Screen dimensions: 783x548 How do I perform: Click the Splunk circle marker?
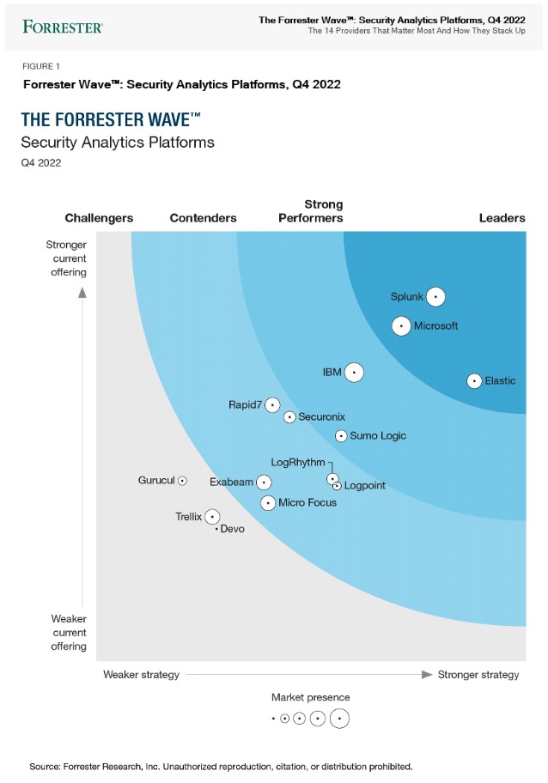point(435,297)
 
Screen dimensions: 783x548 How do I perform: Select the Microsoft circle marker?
point(401,326)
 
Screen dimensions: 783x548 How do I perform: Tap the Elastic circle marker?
point(474,381)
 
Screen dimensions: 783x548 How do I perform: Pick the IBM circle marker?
point(354,373)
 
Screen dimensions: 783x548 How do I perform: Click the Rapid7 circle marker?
point(272,404)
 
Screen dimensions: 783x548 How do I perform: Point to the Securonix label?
point(322,417)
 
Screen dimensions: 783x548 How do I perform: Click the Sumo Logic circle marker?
point(341,436)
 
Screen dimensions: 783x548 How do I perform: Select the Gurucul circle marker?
point(182,481)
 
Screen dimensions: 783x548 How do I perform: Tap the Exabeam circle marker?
point(265,483)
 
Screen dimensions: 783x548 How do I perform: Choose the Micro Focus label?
point(307,502)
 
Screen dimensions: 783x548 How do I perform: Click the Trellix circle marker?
point(212,517)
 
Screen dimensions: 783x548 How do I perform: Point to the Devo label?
point(233,529)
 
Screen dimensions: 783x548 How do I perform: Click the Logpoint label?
point(365,486)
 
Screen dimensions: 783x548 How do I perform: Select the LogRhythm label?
point(298,463)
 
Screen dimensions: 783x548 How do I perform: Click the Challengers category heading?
point(99,218)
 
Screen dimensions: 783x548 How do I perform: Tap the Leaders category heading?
point(502,218)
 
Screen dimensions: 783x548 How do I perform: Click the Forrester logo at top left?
point(63,26)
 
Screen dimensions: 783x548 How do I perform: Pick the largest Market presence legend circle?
point(339,718)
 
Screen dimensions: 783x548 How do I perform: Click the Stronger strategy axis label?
point(478,675)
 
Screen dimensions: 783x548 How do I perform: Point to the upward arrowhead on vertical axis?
point(82,292)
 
